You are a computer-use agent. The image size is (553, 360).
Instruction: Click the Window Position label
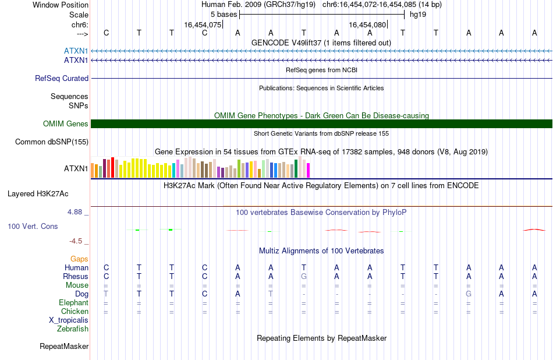[61, 5]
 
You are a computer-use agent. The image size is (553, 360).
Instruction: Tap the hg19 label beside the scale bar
[418, 15]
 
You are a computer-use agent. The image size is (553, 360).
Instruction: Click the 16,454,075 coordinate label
[203, 24]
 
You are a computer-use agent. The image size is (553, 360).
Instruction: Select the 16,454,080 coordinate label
[367, 24]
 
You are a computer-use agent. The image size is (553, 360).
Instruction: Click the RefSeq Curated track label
[62, 79]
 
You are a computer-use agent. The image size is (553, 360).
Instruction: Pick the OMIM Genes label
[66, 124]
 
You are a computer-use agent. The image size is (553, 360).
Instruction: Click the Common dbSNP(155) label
[52, 142]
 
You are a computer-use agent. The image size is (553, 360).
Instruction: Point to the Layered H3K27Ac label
[38, 194]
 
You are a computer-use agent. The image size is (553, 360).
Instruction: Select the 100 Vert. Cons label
[33, 226]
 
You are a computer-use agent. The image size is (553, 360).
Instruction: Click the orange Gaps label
[79, 259]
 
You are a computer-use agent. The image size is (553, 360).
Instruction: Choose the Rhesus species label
[76, 276]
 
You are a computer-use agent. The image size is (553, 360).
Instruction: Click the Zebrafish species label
[73, 329]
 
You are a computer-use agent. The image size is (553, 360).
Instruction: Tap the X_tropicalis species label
[69, 320]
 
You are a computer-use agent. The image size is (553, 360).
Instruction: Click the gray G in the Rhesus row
[304, 276]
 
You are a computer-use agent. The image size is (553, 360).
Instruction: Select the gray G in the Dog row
[469, 294]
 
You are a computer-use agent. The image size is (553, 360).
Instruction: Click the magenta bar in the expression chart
[309, 170]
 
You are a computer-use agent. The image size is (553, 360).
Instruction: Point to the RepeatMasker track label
[64, 346]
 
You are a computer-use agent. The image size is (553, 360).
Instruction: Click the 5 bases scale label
[224, 15]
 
